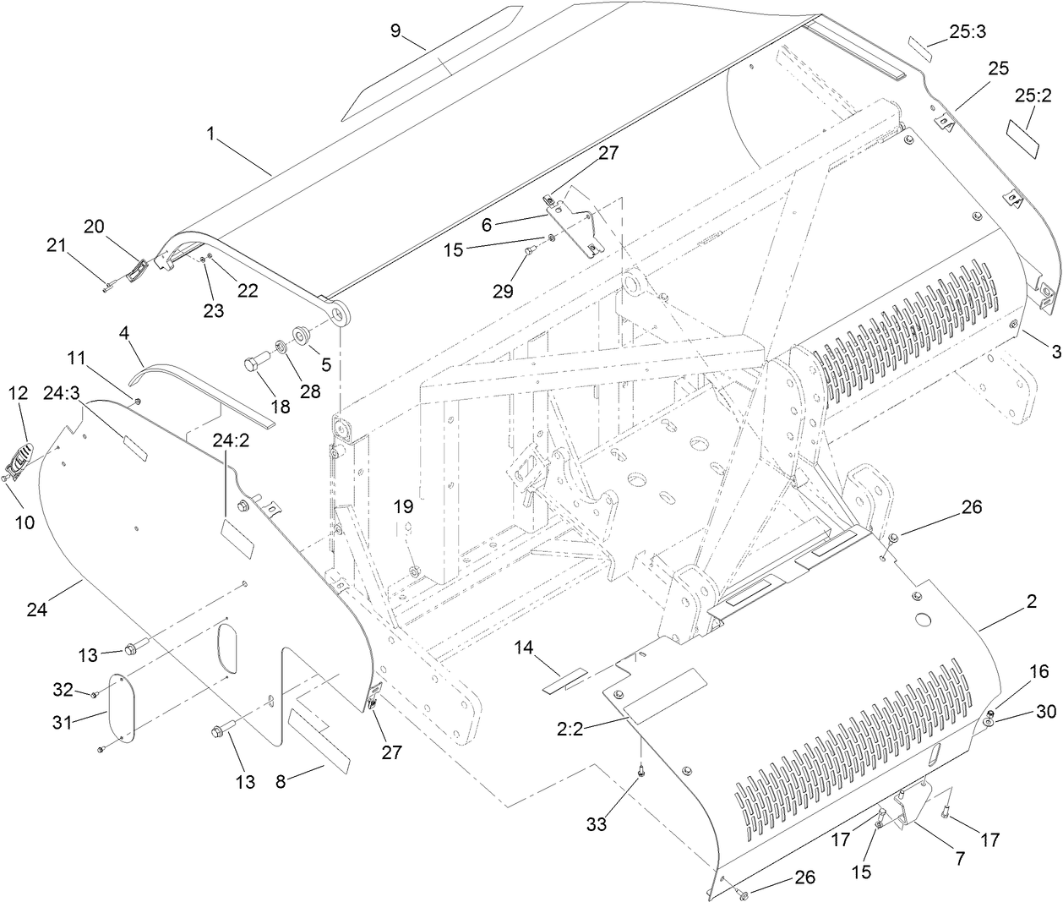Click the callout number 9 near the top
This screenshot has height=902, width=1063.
(395, 31)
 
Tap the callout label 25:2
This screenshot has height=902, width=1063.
(1032, 96)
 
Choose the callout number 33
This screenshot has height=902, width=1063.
(597, 824)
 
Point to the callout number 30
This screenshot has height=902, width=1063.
(1045, 713)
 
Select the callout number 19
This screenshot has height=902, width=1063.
(403, 506)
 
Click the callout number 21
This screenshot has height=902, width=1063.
(56, 245)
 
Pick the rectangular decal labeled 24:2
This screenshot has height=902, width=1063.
(237, 538)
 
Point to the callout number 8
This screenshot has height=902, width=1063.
(281, 782)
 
